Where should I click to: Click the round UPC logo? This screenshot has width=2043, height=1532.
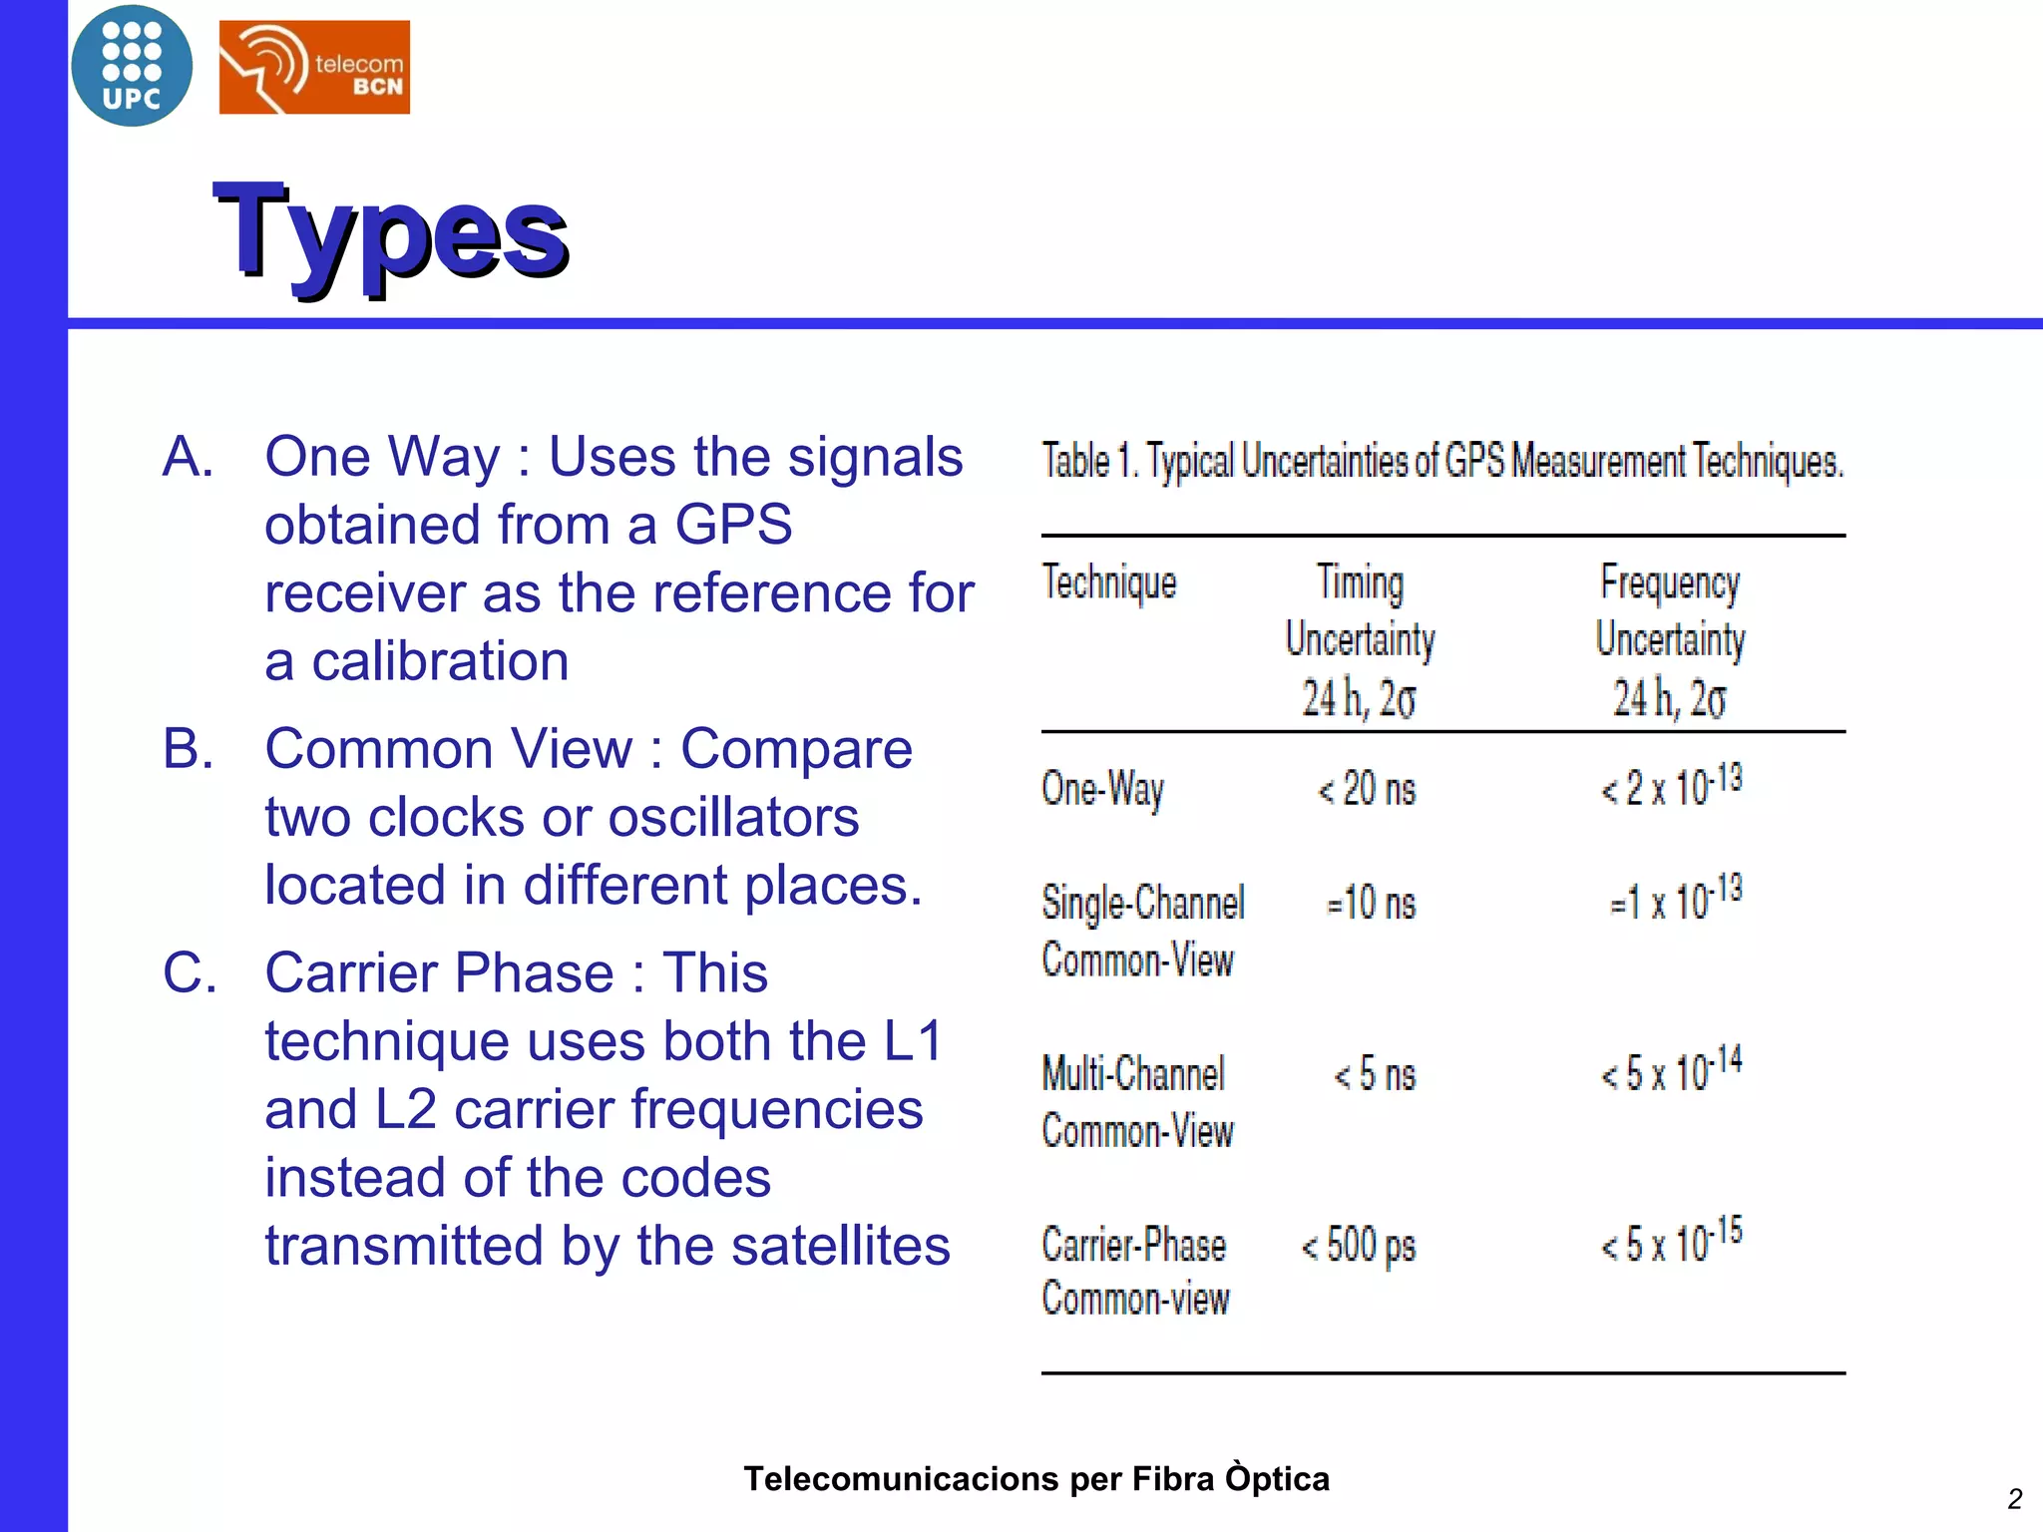(x=132, y=66)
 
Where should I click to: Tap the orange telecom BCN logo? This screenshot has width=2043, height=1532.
(x=314, y=67)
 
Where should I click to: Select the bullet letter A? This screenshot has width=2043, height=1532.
(x=189, y=457)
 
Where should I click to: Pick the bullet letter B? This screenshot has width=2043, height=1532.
(x=189, y=749)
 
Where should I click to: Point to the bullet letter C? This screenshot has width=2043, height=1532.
(x=190, y=972)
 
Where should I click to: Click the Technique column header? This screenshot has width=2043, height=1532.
(x=1108, y=582)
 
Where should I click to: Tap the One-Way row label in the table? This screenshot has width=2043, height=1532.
(x=1102, y=790)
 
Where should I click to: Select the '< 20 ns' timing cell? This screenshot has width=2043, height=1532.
(x=1366, y=790)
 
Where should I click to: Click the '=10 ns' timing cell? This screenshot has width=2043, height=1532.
(x=1371, y=904)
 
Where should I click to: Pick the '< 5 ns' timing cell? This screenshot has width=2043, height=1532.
(x=1375, y=1075)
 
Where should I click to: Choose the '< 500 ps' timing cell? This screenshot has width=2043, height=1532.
(x=1358, y=1246)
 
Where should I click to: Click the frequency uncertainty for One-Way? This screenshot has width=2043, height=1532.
(x=1671, y=786)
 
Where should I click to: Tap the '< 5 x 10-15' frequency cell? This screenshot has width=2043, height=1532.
(x=1671, y=1241)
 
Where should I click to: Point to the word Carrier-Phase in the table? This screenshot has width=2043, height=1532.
(x=1133, y=1246)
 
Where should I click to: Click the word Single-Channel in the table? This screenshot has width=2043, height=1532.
(x=1143, y=903)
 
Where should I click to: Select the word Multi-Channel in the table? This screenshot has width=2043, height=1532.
(x=1133, y=1074)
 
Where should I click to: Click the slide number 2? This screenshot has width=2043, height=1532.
(x=2014, y=1499)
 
